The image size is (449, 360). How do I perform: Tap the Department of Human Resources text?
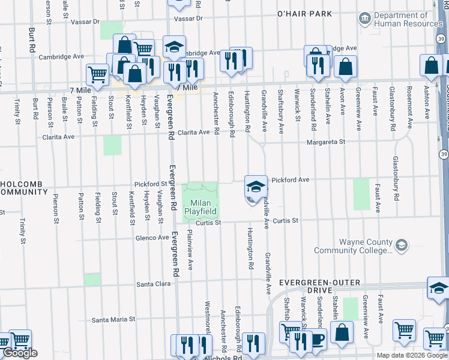[x=408, y=19]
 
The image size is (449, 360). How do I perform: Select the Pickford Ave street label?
[x=290, y=179]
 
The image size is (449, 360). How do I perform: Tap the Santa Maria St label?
[x=113, y=320]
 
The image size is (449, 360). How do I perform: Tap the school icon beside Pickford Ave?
[x=256, y=187]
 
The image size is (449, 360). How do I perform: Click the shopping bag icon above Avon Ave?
[x=346, y=68]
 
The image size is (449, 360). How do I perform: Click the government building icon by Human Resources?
[x=365, y=19]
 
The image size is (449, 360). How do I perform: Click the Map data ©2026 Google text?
[x=412, y=355]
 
